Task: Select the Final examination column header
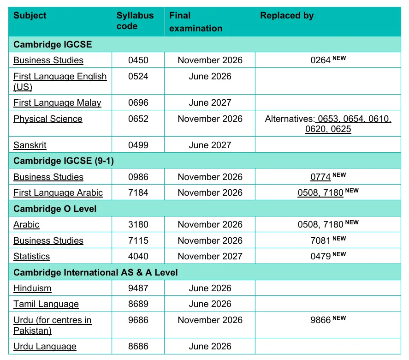pyautogui.click(x=196, y=22)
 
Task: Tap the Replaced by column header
pyautogui.click(x=287, y=16)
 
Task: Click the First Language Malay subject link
pyautogui.click(x=57, y=103)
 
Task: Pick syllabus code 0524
pyautogui.click(x=138, y=77)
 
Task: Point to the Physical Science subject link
pyautogui.click(x=48, y=119)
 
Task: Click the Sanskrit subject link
pyautogui.click(x=30, y=145)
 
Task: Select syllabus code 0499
pyautogui.click(x=138, y=145)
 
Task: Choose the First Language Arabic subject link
pyautogui.click(x=58, y=193)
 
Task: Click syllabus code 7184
pyautogui.click(x=138, y=193)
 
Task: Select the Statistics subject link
pyautogui.click(x=32, y=257)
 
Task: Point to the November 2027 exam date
pyautogui.click(x=210, y=257)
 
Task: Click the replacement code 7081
pyautogui.click(x=321, y=241)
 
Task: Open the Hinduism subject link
pyautogui.click(x=32, y=288)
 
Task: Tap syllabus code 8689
pyautogui.click(x=138, y=304)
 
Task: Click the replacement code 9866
pyautogui.click(x=321, y=320)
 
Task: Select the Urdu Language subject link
pyautogui.click(x=45, y=347)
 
